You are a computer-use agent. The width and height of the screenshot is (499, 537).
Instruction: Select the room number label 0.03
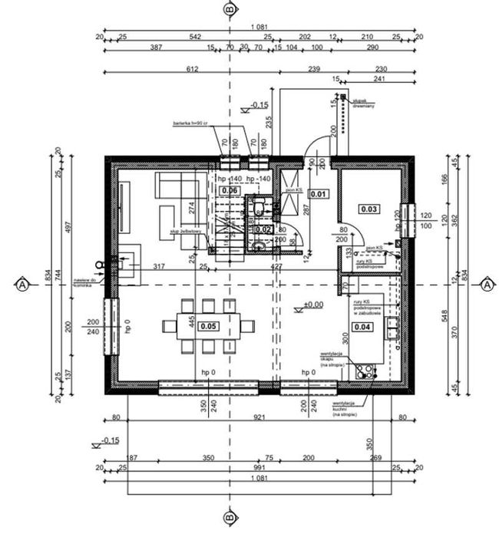click(x=369, y=208)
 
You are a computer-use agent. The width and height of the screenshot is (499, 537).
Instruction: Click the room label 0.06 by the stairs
click(x=229, y=190)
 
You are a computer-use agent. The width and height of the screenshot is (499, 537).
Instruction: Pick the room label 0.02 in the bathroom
click(x=263, y=229)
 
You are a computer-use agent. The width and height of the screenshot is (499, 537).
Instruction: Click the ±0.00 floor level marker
click(x=312, y=305)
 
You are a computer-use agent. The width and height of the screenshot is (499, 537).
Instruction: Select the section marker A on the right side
click(x=486, y=285)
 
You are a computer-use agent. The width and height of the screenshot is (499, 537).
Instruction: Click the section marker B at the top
click(x=229, y=9)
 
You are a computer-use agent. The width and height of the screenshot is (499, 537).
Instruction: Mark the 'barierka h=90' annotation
click(x=190, y=124)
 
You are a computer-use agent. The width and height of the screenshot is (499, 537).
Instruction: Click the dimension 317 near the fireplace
click(x=160, y=266)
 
